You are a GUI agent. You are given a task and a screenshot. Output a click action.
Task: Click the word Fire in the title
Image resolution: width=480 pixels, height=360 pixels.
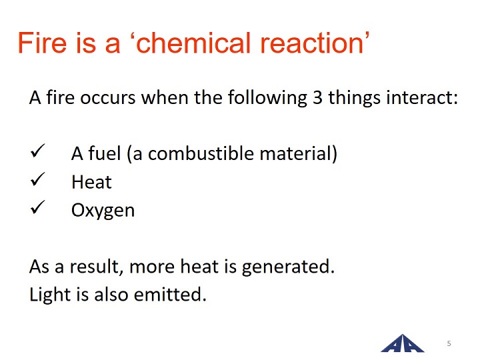(x=42, y=43)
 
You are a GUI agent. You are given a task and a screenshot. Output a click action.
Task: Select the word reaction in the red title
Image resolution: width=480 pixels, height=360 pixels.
(x=311, y=43)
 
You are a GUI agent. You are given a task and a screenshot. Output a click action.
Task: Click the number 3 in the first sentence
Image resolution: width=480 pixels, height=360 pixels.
(x=317, y=97)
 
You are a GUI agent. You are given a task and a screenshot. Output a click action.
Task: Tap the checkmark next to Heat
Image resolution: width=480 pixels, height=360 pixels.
(x=37, y=179)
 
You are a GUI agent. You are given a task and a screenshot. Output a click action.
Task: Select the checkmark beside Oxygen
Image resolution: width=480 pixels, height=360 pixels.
(x=37, y=207)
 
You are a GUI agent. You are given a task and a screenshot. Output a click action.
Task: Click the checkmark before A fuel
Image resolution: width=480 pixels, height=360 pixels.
(x=37, y=151)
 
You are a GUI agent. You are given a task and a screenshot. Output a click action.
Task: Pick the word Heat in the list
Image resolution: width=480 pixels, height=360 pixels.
(x=91, y=182)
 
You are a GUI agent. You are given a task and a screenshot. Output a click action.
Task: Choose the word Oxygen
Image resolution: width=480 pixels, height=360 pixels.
(x=103, y=211)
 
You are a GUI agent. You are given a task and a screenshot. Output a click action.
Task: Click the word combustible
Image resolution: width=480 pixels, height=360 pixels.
(x=201, y=153)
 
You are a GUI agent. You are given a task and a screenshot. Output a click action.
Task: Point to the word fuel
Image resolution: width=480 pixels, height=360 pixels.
(x=105, y=153)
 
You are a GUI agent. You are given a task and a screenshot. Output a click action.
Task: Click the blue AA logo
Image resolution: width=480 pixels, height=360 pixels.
(x=402, y=343)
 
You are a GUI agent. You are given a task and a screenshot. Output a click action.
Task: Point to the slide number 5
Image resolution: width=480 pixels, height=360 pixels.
(x=449, y=343)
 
